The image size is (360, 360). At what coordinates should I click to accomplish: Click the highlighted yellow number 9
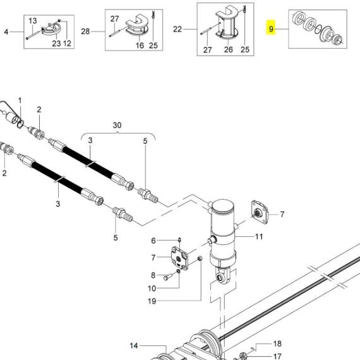[271, 30]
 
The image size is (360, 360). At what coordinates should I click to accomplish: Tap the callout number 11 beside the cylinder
[259, 237]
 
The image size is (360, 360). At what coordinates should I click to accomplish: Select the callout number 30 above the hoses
[117, 126]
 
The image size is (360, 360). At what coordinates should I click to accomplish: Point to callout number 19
[152, 301]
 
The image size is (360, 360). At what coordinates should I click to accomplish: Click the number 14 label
[134, 345]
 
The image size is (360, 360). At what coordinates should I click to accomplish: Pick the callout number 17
[277, 356]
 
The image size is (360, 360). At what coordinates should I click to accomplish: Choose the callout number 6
[153, 241]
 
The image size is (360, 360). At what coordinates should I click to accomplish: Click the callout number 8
[152, 275]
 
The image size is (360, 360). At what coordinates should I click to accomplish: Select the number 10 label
[152, 289]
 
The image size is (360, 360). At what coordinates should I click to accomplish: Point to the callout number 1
[20, 100]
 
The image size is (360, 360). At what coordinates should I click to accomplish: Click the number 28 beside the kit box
[85, 30]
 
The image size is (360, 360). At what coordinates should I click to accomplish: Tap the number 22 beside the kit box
[177, 30]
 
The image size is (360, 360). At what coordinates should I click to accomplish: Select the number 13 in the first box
[33, 21]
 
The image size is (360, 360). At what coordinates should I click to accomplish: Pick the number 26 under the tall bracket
[228, 49]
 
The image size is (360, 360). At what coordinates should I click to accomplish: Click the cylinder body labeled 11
[224, 237]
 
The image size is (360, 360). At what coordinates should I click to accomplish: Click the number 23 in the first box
[56, 44]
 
